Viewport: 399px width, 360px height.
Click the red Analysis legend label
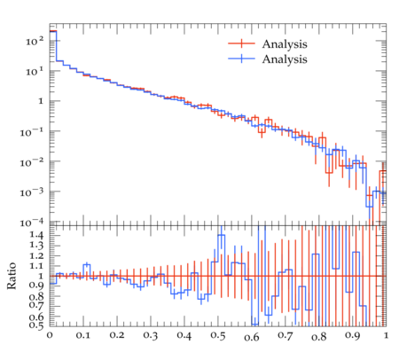pos(285,44)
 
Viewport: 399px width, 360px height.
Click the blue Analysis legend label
pos(285,59)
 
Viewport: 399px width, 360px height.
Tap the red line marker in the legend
pos(241,43)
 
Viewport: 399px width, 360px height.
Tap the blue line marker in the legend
pos(241,59)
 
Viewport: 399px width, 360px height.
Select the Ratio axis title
pos(12,276)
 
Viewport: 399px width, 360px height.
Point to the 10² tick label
pos(35,41)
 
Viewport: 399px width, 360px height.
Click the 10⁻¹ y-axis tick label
pos(32,132)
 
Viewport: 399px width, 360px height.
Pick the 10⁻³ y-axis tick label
pos(32,192)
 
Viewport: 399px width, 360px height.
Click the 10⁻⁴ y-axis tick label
pos(32,223)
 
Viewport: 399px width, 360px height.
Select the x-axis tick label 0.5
pos(218,336)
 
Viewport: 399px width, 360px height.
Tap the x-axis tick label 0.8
pos(318,336)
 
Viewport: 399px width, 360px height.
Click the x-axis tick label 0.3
pos(151,336)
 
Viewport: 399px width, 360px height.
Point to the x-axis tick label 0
pos(50,335)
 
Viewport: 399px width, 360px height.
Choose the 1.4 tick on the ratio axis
pos(36,235)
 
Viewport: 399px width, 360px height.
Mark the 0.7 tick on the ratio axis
pos(36,306)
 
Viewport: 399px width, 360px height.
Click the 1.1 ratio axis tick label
pos(36,266)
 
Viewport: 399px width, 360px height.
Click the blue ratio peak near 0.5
pos(221,235)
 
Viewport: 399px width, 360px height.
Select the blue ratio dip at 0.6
pos(254,324)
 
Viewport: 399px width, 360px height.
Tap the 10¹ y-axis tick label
pos(35,71)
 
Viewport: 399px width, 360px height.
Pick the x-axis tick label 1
pos(386,335)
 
